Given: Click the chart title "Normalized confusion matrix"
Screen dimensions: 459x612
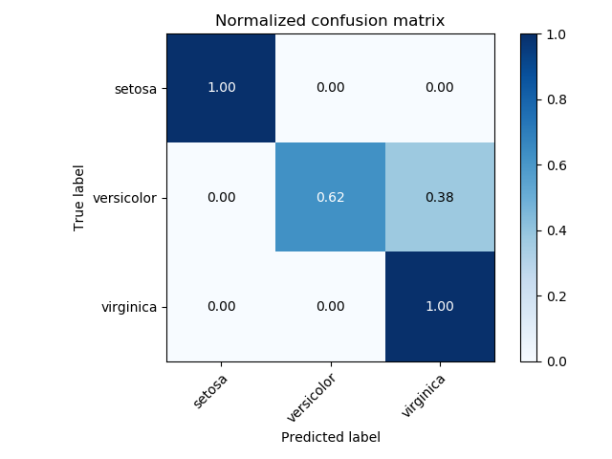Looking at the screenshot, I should (330, 21).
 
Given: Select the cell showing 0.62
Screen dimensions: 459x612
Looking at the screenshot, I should (330, 197).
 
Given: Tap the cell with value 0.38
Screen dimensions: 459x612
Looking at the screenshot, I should (440, 197).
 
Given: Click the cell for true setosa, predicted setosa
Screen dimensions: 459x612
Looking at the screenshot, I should (221, 88).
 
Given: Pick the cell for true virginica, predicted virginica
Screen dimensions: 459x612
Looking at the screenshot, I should (440, 307).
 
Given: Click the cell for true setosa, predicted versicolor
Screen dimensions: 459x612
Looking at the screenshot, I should (330, 88).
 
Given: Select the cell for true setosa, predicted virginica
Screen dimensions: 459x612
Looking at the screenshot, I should (440, 88).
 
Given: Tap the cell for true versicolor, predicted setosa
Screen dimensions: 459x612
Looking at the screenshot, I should (221, 197).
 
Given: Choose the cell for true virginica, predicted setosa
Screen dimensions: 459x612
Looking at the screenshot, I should (221, 307).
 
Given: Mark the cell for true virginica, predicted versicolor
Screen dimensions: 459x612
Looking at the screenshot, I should (330, 307).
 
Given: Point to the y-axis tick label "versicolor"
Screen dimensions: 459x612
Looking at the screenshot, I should (126, 198).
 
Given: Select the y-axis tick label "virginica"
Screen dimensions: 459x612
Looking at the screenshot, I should (130, 308).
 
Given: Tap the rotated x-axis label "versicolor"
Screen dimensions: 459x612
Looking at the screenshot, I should (312, 397).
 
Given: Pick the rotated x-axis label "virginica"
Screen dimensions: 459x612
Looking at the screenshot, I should (424, 394).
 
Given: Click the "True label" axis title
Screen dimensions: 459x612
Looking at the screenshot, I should (79, 198).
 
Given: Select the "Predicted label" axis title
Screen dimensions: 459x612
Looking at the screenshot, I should (330, 437).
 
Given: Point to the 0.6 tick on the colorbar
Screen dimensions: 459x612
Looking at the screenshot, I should (557, 165).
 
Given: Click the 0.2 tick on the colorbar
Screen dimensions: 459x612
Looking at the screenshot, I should (557, 296).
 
